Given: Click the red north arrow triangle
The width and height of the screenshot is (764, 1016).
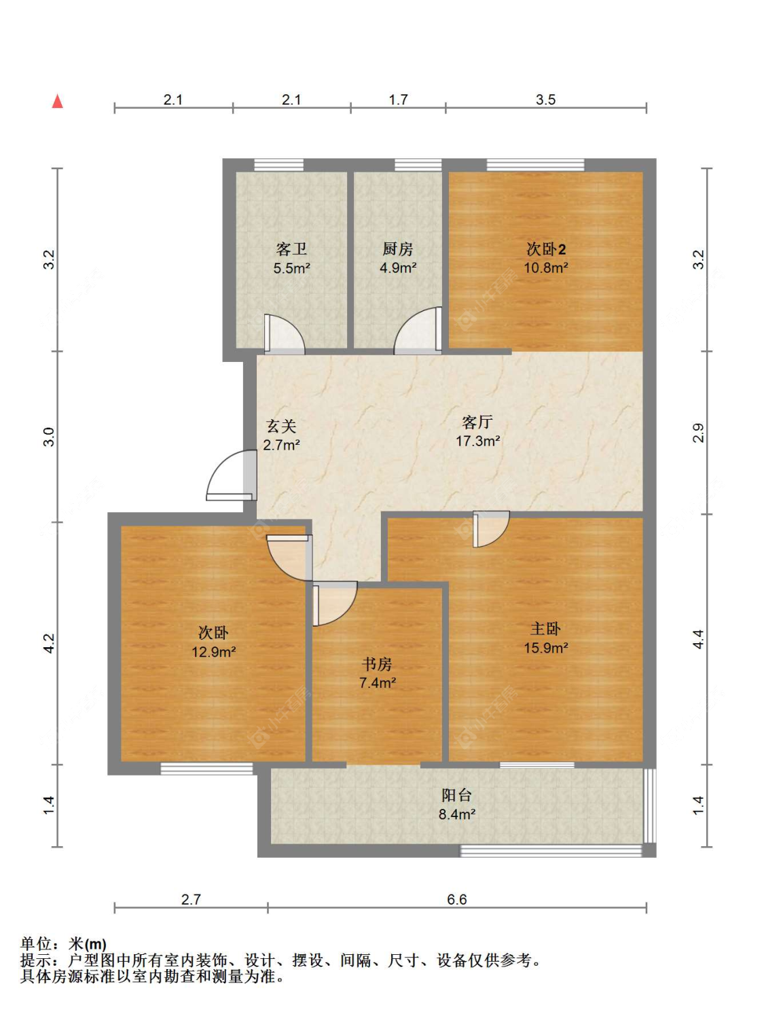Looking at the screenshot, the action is point(57,101).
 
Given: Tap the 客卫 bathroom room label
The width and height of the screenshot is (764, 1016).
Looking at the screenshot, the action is point(291,249).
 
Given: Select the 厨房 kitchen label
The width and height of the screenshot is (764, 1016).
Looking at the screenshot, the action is point(397,249).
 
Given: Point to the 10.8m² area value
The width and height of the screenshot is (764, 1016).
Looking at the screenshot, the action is point(546,268).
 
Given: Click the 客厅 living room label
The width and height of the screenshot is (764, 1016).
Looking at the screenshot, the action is point(477,422).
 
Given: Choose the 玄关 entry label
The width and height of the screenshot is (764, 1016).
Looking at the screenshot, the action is point(281,426).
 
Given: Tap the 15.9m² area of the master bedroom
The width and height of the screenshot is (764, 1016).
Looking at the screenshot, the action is point(546,648).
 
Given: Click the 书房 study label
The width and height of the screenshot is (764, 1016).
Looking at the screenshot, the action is point(377,664).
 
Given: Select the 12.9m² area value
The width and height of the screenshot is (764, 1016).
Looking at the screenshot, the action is point(214,652).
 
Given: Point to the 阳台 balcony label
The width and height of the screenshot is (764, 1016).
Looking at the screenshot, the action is point(457,795).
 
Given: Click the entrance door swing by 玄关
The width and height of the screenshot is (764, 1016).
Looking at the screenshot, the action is point(232,475).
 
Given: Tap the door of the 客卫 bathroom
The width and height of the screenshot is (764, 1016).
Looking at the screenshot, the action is point(284,335).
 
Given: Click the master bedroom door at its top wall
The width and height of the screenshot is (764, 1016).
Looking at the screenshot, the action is point(491,529).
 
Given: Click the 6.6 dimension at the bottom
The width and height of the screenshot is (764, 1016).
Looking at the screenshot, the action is point(457,899).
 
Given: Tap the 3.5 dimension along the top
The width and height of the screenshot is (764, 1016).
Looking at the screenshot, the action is point(545,100).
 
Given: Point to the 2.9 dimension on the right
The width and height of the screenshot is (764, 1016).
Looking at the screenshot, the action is point(699,433).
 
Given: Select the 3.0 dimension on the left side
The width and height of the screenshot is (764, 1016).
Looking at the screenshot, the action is point(49,437).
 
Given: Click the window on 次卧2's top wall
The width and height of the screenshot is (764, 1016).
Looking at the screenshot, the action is point(535,165).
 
